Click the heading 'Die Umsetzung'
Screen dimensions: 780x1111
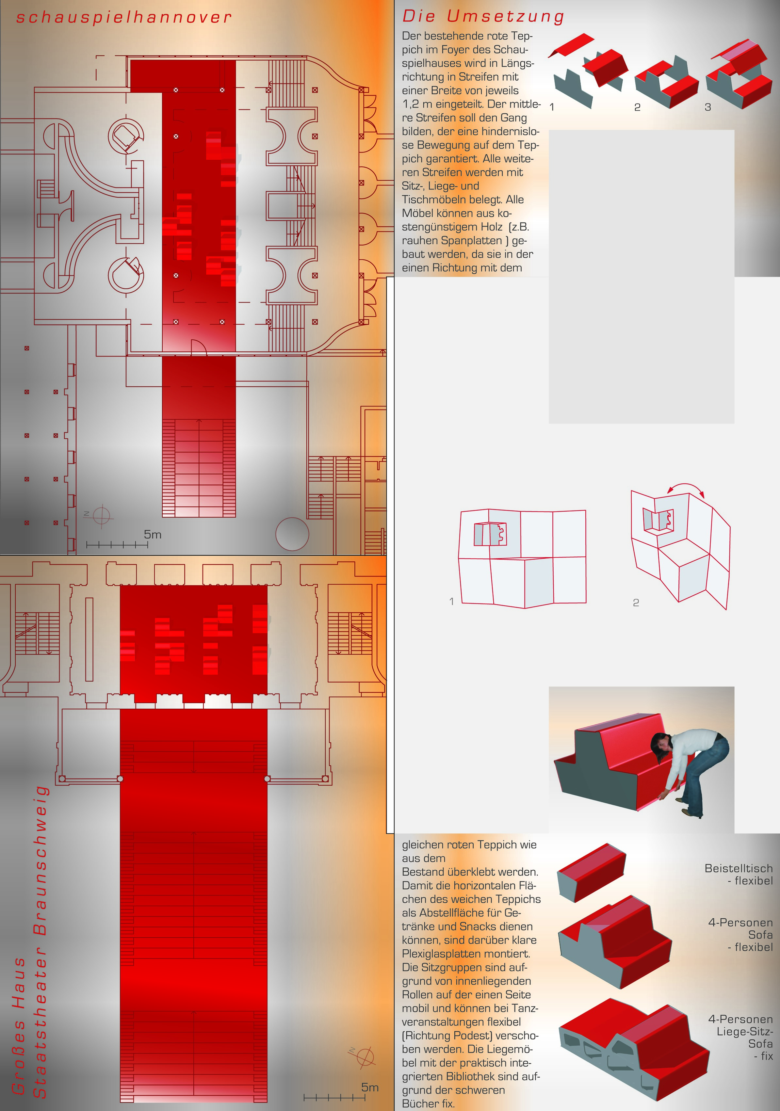click(x=483, y=16)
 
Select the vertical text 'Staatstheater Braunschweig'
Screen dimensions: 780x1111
click(x=40, y=942)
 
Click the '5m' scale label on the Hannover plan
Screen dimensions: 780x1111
click(x=153, y=535)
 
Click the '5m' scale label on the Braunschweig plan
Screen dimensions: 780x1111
click(x=370, y=1087)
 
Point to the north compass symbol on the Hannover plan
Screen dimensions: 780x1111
click(x=101, y=515)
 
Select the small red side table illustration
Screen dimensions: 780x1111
click(x=591, y=872)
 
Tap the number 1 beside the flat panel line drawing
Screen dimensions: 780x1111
click(x=451, y=601)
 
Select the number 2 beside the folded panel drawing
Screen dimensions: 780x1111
click(x=636, y=603)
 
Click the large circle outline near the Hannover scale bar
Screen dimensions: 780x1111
click(x=292, y=534)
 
